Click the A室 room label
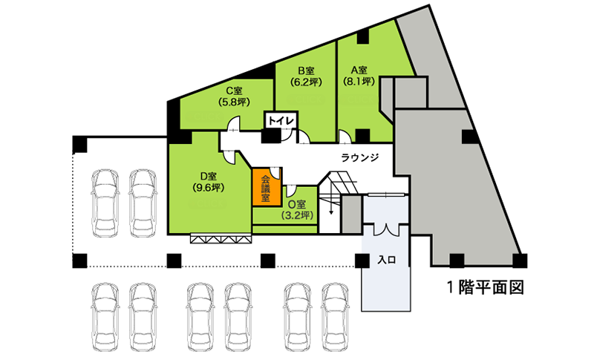tap(359, 70)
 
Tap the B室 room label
tap(306, 71)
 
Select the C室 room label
tap(234, 91)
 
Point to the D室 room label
tap(209, 176)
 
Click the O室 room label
tap(297, 204)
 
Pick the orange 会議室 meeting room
tap(267, 187)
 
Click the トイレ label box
tap(281, 121)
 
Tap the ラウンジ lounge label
tap(360, 158)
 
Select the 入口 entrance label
tap(387, 260)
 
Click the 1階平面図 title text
tap(486, 288)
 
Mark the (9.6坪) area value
tap(209, 187)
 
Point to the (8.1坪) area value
tap(359, 81)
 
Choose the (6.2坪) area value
tap(306, 82)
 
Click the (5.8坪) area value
tap(234, 102)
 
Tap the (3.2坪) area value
tap(298, 215)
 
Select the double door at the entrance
tap(385, 230)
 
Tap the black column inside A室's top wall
tap(363, 36)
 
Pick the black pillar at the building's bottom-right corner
tap(520, 261)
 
